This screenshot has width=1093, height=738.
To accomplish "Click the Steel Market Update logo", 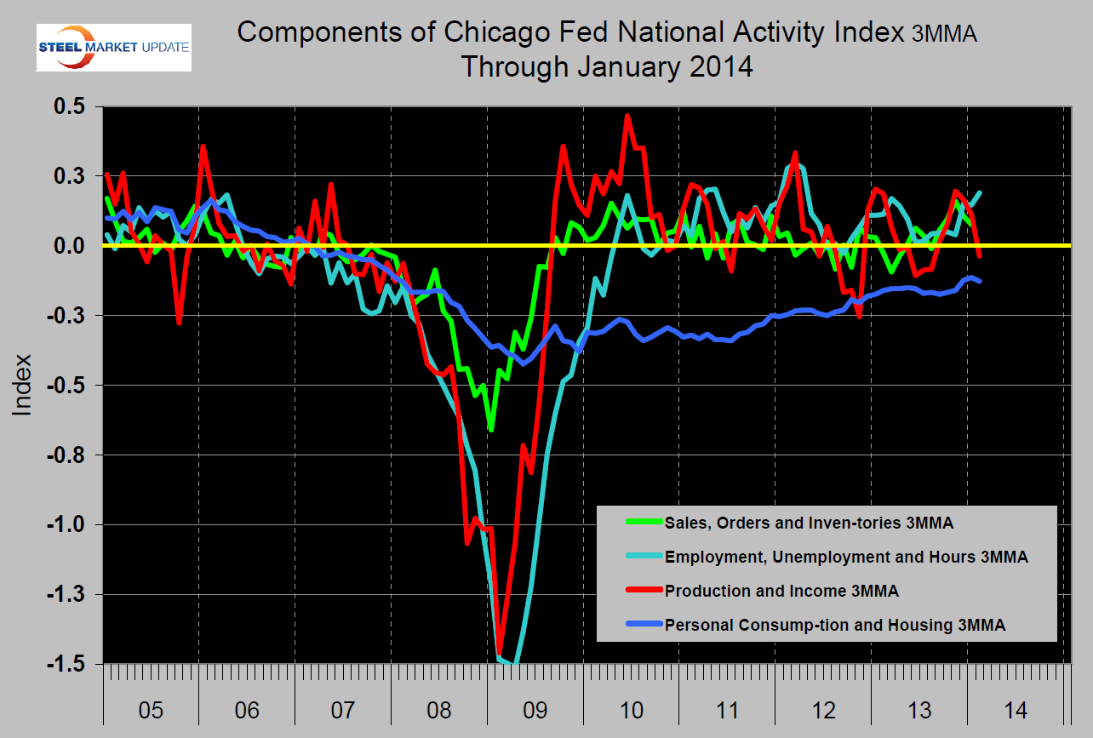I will (114, 47).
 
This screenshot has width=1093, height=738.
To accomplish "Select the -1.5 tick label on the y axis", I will (71, 664).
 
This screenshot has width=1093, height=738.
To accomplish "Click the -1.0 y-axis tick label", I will (71, 524).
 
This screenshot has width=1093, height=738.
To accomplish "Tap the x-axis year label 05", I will (150, 709).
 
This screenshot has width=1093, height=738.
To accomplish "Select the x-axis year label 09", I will (535, 709).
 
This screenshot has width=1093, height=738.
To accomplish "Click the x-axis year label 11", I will (727, 709).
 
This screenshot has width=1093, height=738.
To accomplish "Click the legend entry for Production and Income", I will (781, 591).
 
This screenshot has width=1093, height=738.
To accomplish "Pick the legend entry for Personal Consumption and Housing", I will (834, 625).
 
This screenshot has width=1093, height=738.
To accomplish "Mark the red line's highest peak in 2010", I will (627, 116).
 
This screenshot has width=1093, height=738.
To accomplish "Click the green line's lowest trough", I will (491, 430).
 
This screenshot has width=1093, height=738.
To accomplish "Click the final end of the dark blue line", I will (980, 281).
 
